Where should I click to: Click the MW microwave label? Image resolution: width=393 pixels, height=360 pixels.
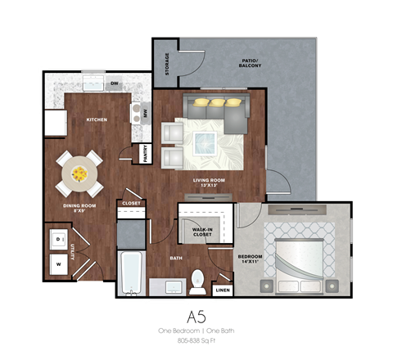click(146, 114)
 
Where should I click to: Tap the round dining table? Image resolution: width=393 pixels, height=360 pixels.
click(79, 173)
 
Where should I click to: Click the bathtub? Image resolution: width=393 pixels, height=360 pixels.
click(131, 273)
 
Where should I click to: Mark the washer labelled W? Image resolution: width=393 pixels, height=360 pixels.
click(60, 264)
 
